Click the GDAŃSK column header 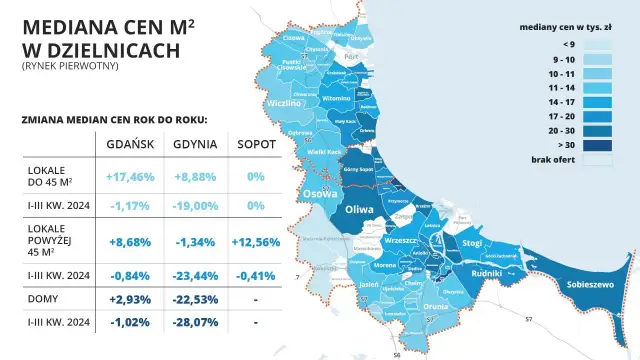[x=129, y=144]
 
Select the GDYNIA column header [x=193, y=144]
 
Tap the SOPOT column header [x=257, y=144]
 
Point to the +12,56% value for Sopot [x=257, y=241]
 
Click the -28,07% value [x=193, y=322]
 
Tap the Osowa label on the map [x=321, y=195]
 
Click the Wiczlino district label [x=285, y=102]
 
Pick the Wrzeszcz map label [x=399, y=241]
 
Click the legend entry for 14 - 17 [x=568, y=101]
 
